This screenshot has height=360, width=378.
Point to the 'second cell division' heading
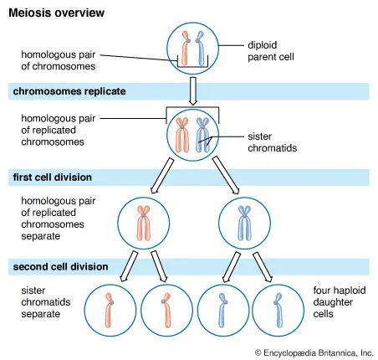(x=59, y=266)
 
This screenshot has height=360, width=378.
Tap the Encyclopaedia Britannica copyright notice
(x=313, y=352)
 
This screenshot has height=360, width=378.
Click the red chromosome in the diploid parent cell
(x=186, y=48)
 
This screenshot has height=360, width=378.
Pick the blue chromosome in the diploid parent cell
(x=200, y=48)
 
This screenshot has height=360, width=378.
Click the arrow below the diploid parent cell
(x=192, y=88)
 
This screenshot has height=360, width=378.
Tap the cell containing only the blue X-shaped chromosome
(x=242, y=222)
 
